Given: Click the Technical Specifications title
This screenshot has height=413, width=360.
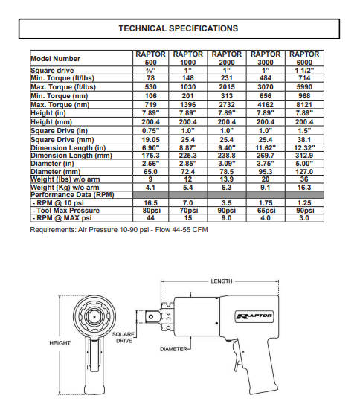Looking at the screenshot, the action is (x=179, y=28).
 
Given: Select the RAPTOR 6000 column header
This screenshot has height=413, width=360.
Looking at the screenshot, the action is (x=304, y=58).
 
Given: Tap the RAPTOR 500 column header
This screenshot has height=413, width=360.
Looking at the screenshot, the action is (x=150, y=58).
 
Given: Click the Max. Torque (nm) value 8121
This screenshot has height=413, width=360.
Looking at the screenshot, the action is (x=304, y=105).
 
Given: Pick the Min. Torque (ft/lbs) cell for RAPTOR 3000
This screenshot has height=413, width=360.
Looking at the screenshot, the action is (x=266, y=78).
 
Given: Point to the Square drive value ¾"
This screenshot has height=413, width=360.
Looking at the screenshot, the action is (x=150, y=71).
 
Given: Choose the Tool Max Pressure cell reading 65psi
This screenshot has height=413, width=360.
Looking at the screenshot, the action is (x=266, y=211).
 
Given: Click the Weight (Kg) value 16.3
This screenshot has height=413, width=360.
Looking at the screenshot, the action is (x=304, y=188).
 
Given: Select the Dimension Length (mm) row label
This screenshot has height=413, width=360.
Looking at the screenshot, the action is (x=71, y=156).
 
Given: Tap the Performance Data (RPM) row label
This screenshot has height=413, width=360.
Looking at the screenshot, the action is (x=72, y=195).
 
